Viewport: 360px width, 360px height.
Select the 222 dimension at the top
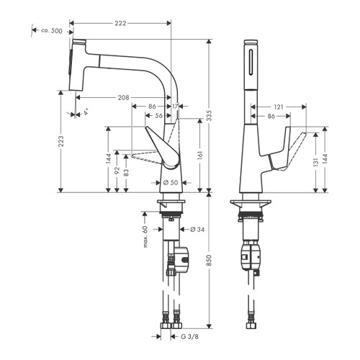(x=121, y=24)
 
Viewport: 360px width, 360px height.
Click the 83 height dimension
(x=127, y=175)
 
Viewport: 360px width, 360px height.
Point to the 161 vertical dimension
(x=199, y=153)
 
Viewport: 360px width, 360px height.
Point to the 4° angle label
(x=86, y=113)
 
